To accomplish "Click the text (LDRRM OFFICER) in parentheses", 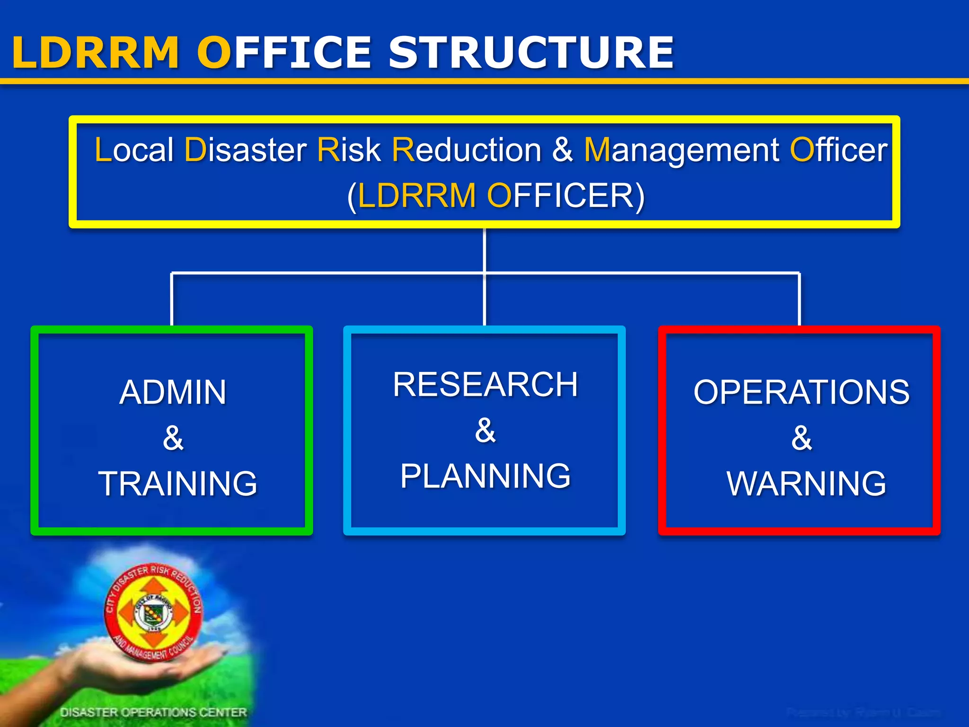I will (x=496, y=195).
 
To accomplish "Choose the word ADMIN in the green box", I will (x=173, y=392).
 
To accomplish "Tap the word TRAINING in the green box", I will (x=178, y=483).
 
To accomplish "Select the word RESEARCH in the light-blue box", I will (x=485, y=384).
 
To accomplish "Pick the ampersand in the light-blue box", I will (x=485, y=430).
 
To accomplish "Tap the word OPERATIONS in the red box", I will (x=802, y=392).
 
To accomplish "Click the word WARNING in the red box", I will (x=806, y=483).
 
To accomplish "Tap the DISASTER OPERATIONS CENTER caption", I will (x=153, y=712).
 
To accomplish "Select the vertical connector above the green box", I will (x=172, y=299).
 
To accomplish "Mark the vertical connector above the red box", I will (x=800, y=299).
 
